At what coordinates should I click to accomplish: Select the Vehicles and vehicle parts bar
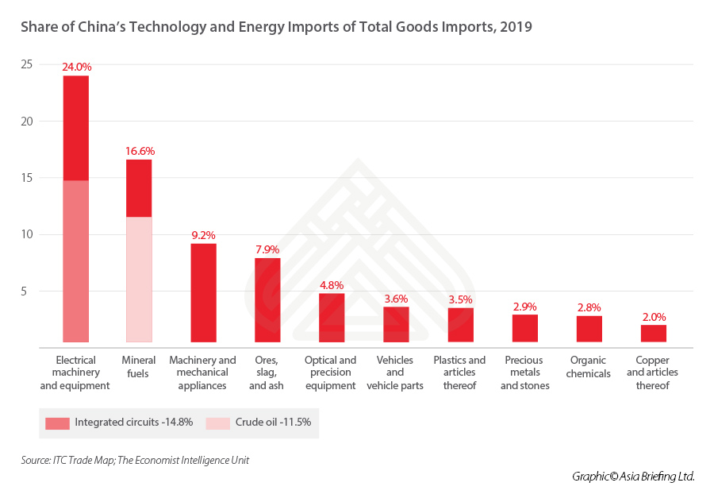pyautogui.click(x=396, y=324)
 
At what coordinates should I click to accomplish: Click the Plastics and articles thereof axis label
pyautogui.click(x=459, y=372)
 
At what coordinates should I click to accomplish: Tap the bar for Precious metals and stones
pyautogui.click(x=524, y=328)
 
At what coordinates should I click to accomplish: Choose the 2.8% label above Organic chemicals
pyautogui.click(x=589, y=307)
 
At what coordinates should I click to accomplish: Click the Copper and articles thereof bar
pyautogui.click(x=653, y=334)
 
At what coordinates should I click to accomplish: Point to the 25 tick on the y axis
pyautogui.click(x=27, y=64)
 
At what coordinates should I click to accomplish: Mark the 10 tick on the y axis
pyautogui.click(x=27, y=234)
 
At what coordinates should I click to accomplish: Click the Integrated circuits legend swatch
pyautogui.click(x=57, y=422)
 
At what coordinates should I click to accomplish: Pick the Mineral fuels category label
pyautogui.click(x=140, y=366)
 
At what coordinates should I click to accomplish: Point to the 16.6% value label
pyautogui.click(x=139, y=151)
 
